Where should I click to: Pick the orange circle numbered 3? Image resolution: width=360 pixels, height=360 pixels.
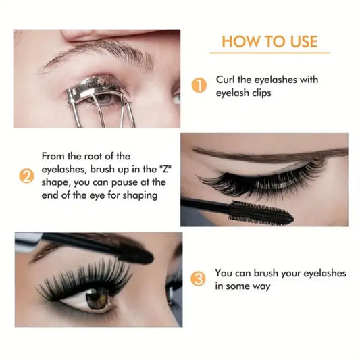tap(197, 278)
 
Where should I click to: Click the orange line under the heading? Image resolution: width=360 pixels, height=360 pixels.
tap(269, 53)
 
